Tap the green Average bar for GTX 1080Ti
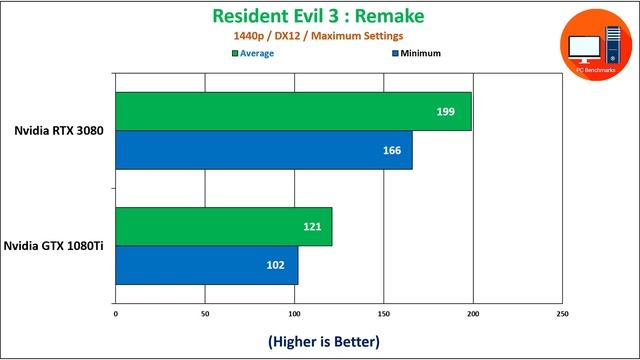pos(223,227)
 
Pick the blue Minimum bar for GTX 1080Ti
pos(207,265)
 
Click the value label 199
pos(446,112)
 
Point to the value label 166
pos(391,150)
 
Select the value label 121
pos(312,227)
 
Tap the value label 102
pos(276,265)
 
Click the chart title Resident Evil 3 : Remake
pos(319,15)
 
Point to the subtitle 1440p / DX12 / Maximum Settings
pos(319,36)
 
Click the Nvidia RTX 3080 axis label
pos(59,131)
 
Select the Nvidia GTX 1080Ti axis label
pos(54,246)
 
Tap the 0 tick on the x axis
pos(116,314)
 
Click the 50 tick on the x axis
pos(205,314)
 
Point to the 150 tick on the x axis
pos(383,314)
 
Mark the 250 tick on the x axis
pos(561,314)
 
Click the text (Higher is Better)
pos(324,342)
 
